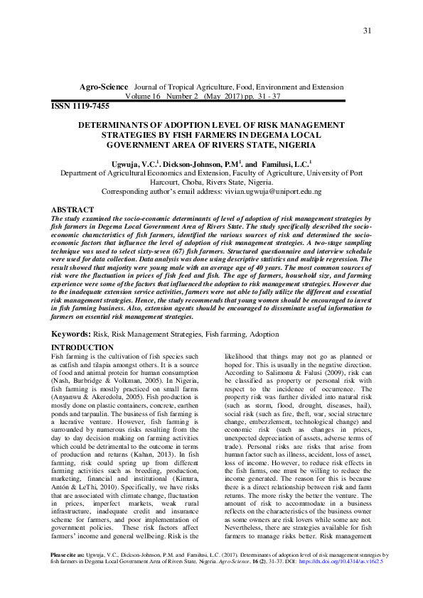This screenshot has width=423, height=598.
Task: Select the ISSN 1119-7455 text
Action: click(80, 105)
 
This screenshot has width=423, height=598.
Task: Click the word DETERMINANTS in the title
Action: click(117, 124)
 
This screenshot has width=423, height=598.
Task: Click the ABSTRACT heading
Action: click(73, 210)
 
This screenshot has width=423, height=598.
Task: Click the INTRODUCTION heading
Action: click(84, 347)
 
